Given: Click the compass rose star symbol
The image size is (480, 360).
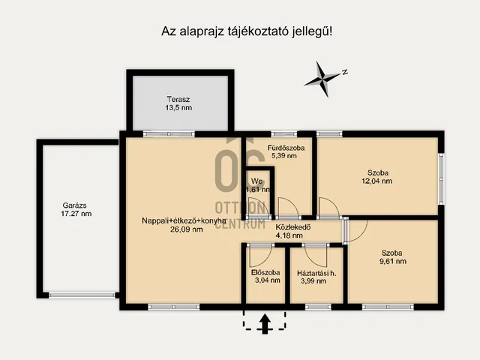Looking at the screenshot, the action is [x=322, y=79].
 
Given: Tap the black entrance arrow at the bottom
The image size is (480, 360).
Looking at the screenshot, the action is [x=265, y=324].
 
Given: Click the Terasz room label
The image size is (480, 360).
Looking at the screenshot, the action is [x=178, y=100].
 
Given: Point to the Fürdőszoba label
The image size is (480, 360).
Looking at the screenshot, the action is [x=286, y=148].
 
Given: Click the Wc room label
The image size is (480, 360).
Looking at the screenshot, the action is [x=256, y=181].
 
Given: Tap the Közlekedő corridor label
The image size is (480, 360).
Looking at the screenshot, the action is [x=293, y=227].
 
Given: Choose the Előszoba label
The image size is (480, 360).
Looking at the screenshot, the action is [x=265, y=272].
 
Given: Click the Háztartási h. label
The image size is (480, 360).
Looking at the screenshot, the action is [x=316, y=273].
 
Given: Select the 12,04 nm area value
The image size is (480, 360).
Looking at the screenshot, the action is [x=376, y=181].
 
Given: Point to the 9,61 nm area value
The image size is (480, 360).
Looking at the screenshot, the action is [x=393, y=262].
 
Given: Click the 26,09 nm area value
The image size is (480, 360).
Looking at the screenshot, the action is [x=187, y=229].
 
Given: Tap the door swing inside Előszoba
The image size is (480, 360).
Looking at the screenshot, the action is [x=260, y=256].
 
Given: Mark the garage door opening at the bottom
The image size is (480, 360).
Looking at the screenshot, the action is [x=82, y=295].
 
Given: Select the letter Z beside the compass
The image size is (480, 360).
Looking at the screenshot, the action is [x=345, y=72].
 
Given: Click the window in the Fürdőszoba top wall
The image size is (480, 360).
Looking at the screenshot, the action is [x=284, y=133].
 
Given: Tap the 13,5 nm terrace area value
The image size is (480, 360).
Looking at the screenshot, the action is [x=178, y=108].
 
